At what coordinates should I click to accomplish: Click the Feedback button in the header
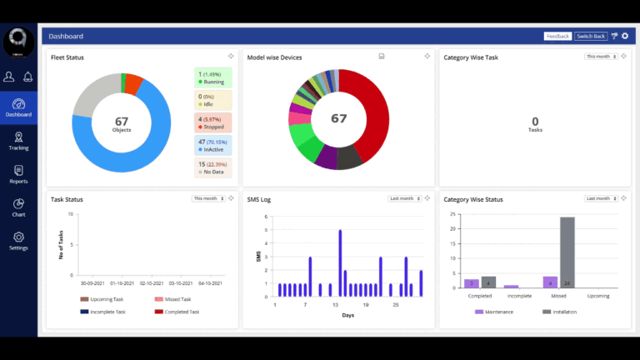(x=557, y=37)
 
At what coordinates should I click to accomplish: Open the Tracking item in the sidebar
(x=18, y=141)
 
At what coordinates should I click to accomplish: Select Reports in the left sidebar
(x=18, y=174)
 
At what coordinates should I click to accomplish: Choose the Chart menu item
(x=18, y=207)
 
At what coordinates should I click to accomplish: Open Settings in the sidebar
(x=18, y=241)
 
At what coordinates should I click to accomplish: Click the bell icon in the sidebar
(x=27, y=77)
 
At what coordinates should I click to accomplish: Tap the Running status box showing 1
(x=213, y=77)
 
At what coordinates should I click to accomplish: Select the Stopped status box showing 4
(x=213, y=122)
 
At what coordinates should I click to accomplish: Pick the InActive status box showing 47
(x=213, y=145)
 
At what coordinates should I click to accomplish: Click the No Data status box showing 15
(x=213, y=167)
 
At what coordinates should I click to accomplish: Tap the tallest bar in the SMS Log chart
(x=340, y=262)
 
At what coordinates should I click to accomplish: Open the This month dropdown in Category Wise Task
(x=602, y=57)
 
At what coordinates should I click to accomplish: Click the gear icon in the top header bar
(x=625, y=37)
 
